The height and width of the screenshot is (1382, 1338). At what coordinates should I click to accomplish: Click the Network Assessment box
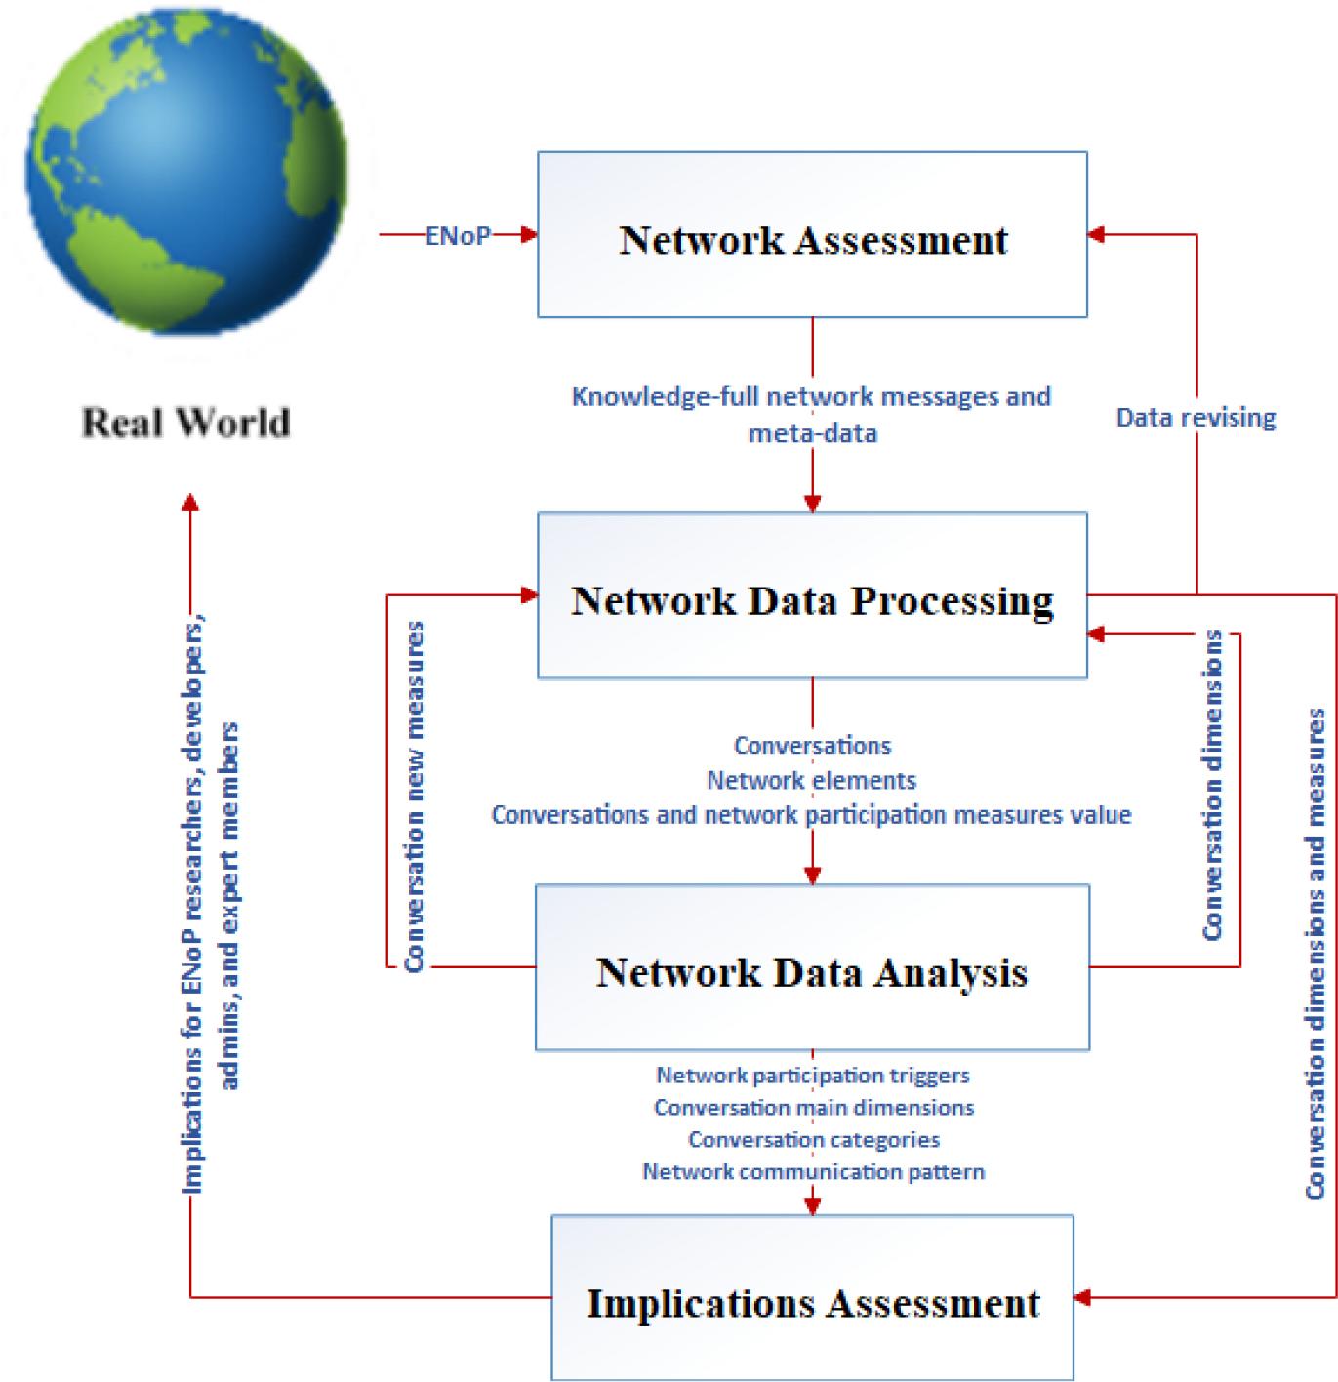[812, 235]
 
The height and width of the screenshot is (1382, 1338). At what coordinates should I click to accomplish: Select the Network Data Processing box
[812, 596]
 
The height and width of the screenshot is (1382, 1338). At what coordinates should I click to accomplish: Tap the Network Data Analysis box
[812, 968]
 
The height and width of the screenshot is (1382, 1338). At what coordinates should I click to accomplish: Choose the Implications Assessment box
[812, 1298]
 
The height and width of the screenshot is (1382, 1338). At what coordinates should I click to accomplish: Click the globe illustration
[185, 171]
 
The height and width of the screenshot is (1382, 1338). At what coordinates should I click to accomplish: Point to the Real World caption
[185, 423]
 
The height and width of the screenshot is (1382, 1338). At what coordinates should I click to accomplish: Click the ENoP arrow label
[458, 235]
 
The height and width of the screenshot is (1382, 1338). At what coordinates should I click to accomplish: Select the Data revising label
[1196, 418]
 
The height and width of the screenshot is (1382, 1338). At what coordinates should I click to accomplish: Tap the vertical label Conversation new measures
[415, 795]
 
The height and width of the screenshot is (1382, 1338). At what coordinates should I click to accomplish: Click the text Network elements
[812, 780]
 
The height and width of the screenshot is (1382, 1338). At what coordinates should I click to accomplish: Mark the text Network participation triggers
[812, 1076]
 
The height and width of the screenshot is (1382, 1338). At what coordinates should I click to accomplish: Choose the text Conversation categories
[814, 1140]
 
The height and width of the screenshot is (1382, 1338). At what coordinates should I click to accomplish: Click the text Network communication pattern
[813, 1172]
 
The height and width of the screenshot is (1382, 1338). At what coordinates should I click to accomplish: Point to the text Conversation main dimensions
[814, 1108]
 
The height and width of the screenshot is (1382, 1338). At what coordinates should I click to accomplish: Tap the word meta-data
[813, 433]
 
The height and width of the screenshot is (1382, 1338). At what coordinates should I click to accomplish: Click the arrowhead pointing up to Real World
[190, 502]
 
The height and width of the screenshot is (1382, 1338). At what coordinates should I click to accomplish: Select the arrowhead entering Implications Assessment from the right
[1082, 1298]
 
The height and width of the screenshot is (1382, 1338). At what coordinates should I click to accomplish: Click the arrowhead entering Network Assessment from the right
[1096, 235]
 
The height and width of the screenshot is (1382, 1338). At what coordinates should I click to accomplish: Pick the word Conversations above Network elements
[812, 746]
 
